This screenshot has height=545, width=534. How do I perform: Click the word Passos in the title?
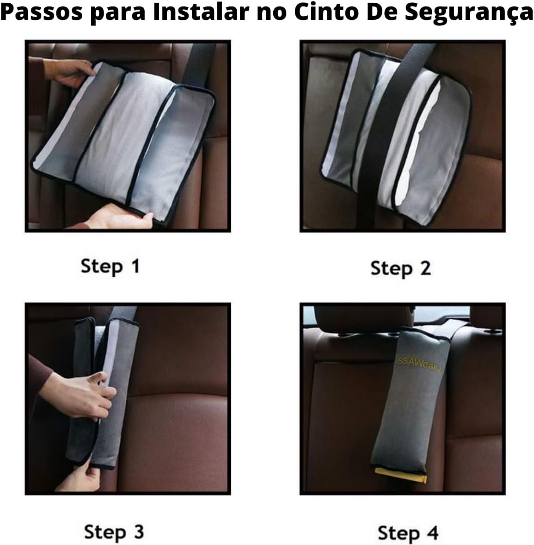tap(42, 12)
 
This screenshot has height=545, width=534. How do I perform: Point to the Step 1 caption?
tap(110, 266)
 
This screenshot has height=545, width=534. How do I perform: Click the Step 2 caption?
tap(400, 269)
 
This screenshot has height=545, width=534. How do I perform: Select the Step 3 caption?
tap(114, 532)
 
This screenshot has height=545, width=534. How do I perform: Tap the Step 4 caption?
tap(408, 533)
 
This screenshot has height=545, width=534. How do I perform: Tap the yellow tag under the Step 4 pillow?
tap(401, 475)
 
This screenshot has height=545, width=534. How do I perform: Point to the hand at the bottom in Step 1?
tap(120, 218)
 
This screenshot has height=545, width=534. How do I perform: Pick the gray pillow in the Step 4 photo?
tap(410, 400)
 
